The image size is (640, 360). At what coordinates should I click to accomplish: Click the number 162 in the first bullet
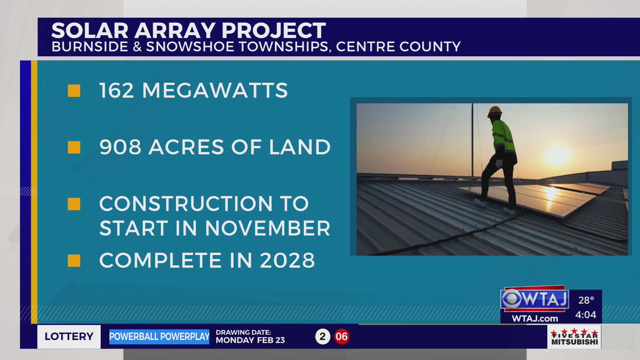(117, 90)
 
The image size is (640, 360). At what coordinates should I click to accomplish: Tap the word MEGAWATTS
(215, 90)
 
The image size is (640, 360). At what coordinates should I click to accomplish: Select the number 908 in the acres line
(120, 147)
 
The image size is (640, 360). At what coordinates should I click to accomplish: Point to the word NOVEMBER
(268, 228)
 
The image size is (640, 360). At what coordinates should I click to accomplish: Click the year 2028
(287, 260)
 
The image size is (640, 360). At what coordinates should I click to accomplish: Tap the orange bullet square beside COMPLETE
(74, 261)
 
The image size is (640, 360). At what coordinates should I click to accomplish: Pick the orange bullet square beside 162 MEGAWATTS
(74, 91)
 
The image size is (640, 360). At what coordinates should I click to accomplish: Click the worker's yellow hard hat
(495, 111)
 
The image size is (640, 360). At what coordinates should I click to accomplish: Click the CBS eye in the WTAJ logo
(512, 299)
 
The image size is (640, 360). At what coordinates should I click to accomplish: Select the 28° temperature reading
(586, 300)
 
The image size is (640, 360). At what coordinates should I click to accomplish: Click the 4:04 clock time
(586, 315)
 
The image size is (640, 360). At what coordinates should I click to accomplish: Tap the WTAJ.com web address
(535, 319)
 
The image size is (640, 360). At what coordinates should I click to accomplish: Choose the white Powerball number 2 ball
(322, 337)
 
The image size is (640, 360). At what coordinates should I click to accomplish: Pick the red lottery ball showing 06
(342, 337)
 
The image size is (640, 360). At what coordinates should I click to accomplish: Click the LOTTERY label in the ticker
(69, 337)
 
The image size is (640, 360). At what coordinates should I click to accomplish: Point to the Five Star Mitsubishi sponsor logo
(574, 337)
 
